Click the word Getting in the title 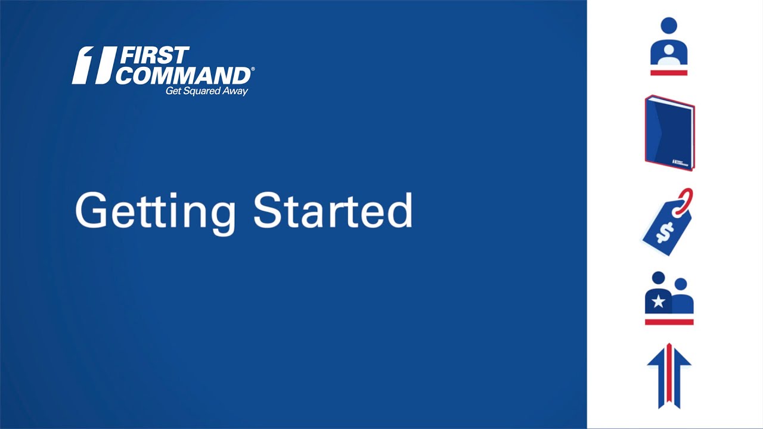tap(155, 211)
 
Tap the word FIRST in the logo tap(154, 56)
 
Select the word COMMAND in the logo tap(183, 76)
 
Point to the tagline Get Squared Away tap(206, 91)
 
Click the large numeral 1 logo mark tap(92, 65)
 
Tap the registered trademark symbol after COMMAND tap(253, 70)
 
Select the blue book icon tap(669, 132)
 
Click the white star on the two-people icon tap(658, 301)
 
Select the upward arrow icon tap(669, 375)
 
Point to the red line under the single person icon tap(669, 73)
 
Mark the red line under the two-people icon tap(669, 322)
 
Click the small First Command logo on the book tap(680, 161)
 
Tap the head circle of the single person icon tap(669, 26)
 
